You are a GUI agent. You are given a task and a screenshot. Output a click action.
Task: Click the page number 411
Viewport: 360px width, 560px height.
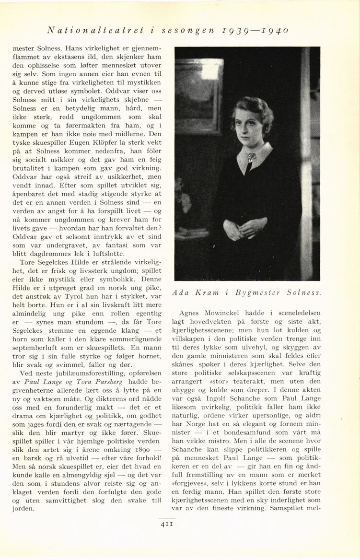[167, 524]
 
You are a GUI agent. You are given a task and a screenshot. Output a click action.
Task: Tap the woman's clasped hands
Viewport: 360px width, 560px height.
[245, 228]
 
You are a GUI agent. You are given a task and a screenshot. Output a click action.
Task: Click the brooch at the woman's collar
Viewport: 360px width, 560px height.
[251, 156]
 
